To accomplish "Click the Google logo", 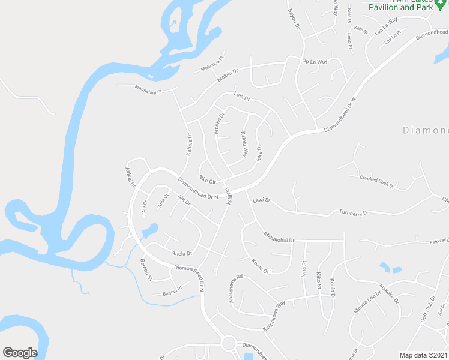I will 20,353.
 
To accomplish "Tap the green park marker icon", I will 442,3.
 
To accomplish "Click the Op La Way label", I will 315,62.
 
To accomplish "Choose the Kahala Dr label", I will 188,143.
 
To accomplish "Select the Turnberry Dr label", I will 352,212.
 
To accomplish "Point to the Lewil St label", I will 262,200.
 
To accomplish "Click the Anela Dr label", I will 181,253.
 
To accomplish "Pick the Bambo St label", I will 146,269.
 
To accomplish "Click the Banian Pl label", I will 172,293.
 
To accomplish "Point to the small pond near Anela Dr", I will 149,230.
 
